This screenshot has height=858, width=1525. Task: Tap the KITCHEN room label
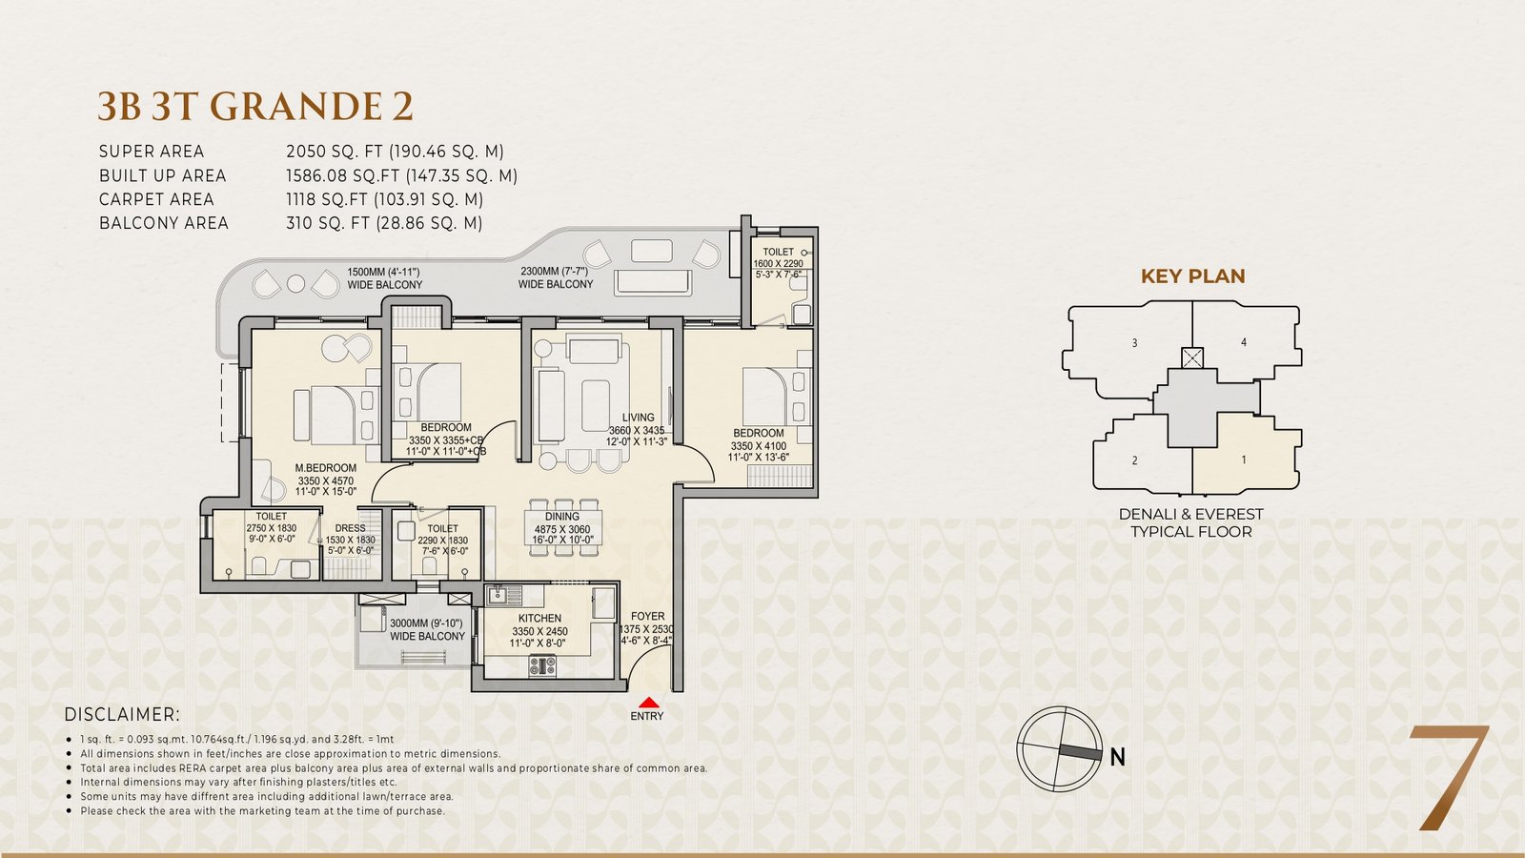click(539, 619)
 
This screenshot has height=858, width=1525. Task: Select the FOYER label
click(647, 616)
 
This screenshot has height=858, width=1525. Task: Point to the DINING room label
click(561, 517)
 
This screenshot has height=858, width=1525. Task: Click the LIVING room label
click(638, 418)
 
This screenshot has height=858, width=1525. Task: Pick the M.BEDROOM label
click(325, 468)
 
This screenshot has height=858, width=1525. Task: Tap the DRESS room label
click(351, 528)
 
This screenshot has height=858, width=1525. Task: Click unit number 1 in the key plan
click(1244, 460)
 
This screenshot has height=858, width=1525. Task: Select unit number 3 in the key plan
click(1134, 343)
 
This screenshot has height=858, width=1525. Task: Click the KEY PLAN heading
click(1192, 276)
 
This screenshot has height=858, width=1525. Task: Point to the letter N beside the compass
click(1117, 757)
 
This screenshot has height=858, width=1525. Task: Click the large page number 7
click(1449, 778)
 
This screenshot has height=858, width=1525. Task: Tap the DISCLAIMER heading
click(123, 714)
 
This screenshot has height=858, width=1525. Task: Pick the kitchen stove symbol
click(542, 665)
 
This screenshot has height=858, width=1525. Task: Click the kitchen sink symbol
click(504, 595)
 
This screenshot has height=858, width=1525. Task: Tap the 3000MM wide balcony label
click(427, 630)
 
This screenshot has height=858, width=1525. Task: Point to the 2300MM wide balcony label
click(555, 277)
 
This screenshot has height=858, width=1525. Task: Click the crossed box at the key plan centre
click(1192, 358)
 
